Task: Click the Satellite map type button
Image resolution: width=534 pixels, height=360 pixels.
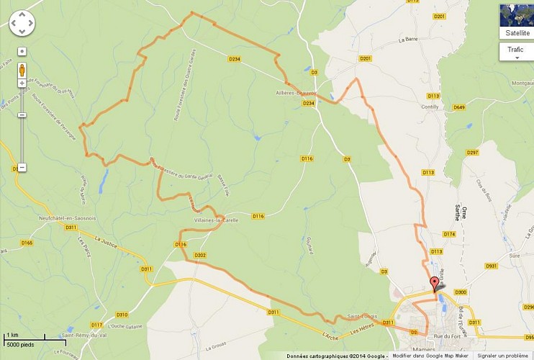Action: tap(516, 22)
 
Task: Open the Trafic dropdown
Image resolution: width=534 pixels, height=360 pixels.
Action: tap(516, 52)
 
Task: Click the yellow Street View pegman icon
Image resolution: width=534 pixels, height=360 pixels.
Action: tap(22, 71)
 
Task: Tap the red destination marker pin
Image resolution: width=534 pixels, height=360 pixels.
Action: tap(434, 283)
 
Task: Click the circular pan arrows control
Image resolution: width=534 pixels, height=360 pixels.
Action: tap(22, 23)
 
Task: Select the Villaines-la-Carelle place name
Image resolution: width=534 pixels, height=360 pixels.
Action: tap(212, 220)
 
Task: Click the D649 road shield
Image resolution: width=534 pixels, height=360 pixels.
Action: tap(459, 107)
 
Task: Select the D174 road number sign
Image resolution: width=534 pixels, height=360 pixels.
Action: tap(449, 234)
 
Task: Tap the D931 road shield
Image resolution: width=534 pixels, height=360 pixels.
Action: tap(492, 266)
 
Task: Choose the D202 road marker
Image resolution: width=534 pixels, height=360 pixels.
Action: tap(200, 256)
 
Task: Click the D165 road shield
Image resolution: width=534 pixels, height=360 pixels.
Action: tap(27, 243)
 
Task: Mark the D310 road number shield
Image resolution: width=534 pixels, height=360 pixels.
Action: tap(122, 315)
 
